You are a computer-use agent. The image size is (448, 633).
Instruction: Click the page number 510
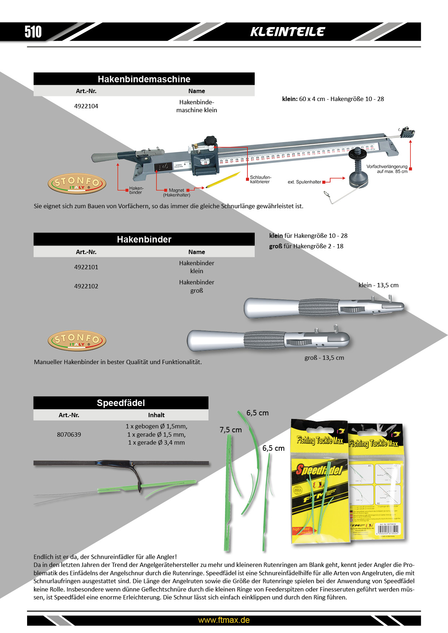(x=33, y=32)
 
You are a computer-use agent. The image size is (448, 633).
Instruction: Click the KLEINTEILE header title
(x=288, y=32)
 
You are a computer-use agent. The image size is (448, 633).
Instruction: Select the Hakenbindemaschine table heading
(x=144, y=79)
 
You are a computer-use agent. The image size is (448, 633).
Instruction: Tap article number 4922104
(x=86, y=106)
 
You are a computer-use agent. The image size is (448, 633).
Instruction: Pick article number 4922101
(x=86, y=267)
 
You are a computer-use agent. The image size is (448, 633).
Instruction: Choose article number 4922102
(x=86, y=286)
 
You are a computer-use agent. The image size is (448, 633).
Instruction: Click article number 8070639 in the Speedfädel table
(x=69, y=435)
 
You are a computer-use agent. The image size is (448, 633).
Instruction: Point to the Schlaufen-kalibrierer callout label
(x=260, y=179)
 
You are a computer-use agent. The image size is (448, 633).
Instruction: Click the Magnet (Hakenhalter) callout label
(x=176, y=193)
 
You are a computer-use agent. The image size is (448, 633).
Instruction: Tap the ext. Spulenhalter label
(x=304, y=182)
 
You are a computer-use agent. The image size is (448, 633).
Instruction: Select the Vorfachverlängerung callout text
(x=387, y=169)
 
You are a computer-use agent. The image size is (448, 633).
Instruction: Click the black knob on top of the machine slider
(x=210, y=141)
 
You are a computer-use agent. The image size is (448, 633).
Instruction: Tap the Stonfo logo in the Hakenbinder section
(x=77, y=340)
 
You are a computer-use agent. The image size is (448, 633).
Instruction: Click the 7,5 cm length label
(x=231, y=430)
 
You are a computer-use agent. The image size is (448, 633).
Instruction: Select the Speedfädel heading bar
(x=121, y=403)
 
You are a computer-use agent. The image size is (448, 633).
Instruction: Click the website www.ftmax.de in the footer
(x=224, y=620)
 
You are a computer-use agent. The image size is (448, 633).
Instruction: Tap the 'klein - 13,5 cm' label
(x=378, y=285)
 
